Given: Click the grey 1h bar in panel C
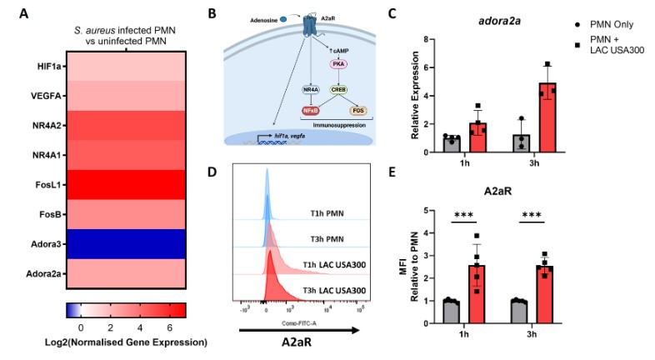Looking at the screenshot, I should tap(451, 144).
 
